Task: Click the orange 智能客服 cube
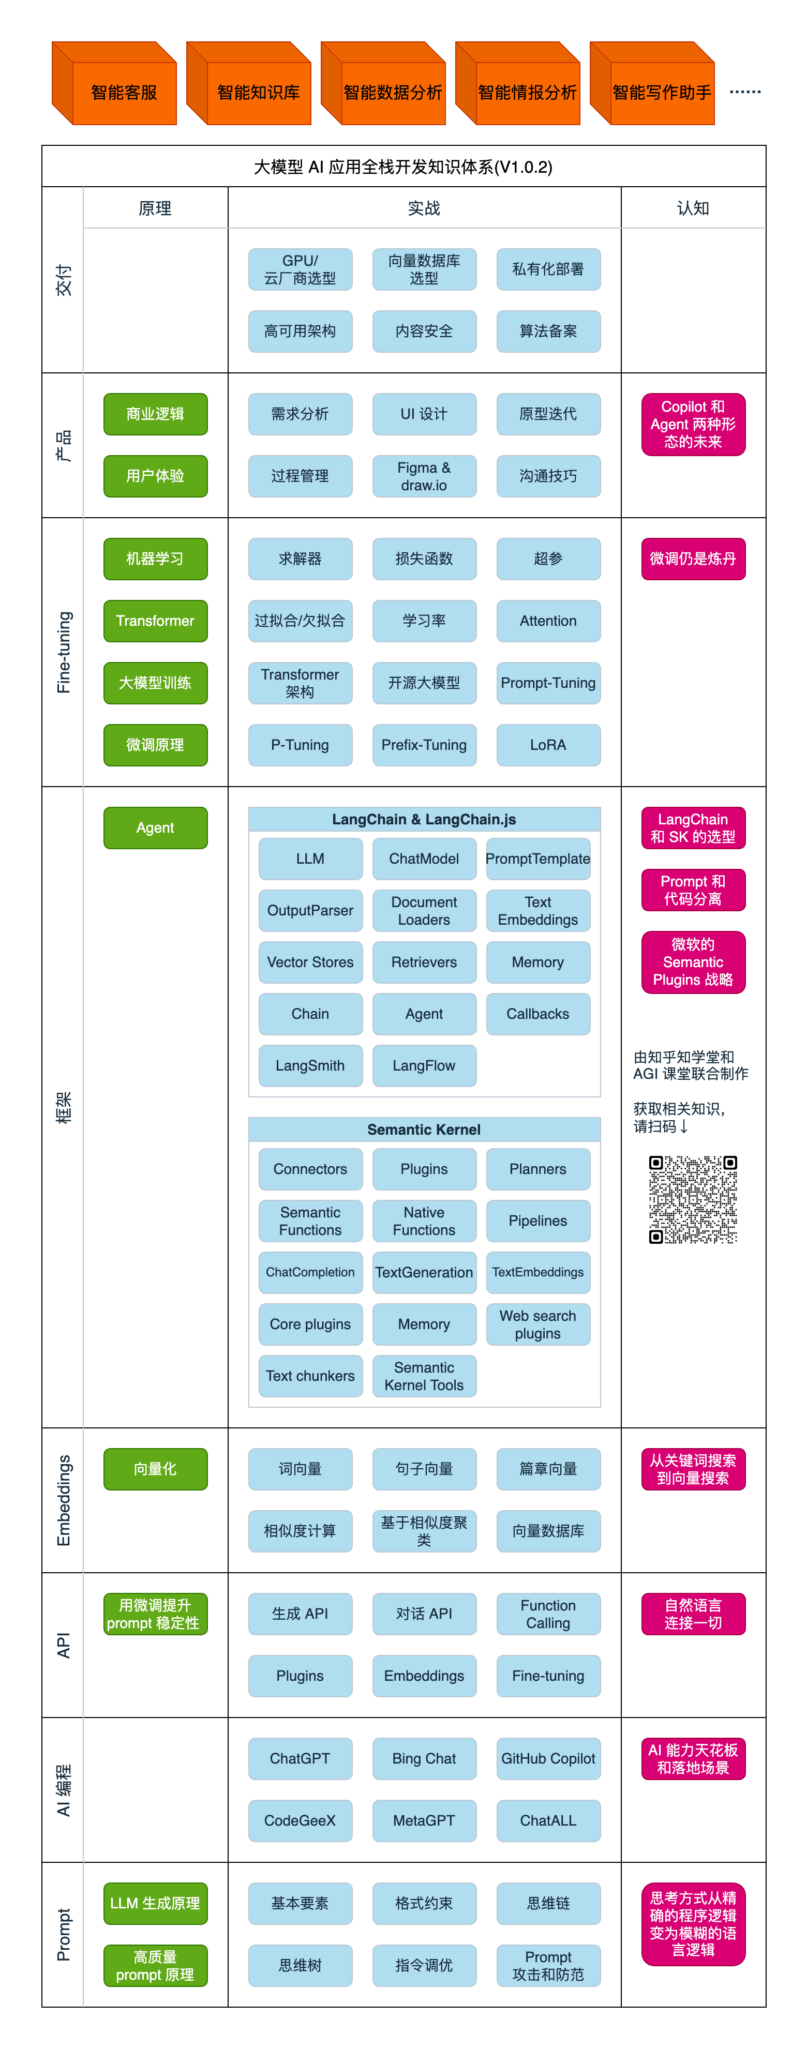114,83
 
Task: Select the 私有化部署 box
548,269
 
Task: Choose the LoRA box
548,745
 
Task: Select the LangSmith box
310,1065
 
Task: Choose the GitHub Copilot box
548,1758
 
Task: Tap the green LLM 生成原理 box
155,1903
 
